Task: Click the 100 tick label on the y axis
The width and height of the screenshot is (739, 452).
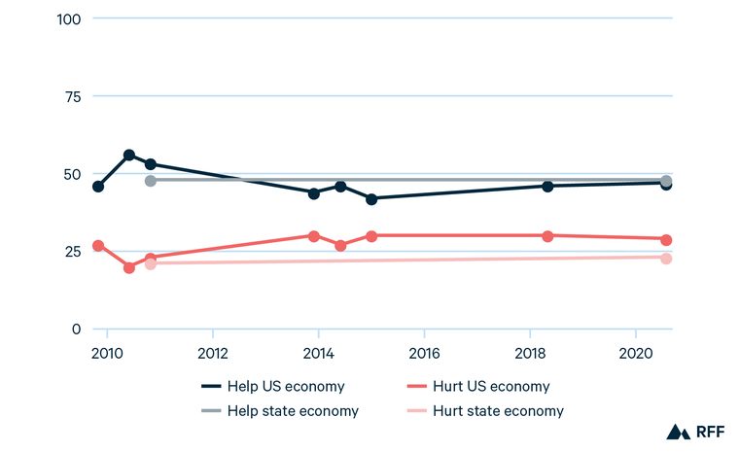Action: pos(72,18)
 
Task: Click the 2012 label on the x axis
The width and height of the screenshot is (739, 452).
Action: pos(212,351)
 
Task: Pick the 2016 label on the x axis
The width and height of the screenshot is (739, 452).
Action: pos(424,351)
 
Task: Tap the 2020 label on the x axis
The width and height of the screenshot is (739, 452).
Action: pos(635,351)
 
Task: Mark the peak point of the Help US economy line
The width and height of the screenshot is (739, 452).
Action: pos(128,156)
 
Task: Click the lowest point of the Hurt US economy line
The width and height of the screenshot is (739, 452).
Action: pos(128,267)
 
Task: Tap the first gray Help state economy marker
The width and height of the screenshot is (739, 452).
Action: pos(151,180)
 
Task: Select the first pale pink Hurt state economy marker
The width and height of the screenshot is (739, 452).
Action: pos(151,263)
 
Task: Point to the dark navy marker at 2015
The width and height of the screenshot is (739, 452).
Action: pos(371,198)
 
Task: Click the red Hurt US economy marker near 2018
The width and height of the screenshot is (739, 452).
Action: pos(547,236)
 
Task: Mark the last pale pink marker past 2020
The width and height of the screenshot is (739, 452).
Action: pos(666,258)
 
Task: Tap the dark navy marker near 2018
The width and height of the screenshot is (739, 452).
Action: pos(547,186)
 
